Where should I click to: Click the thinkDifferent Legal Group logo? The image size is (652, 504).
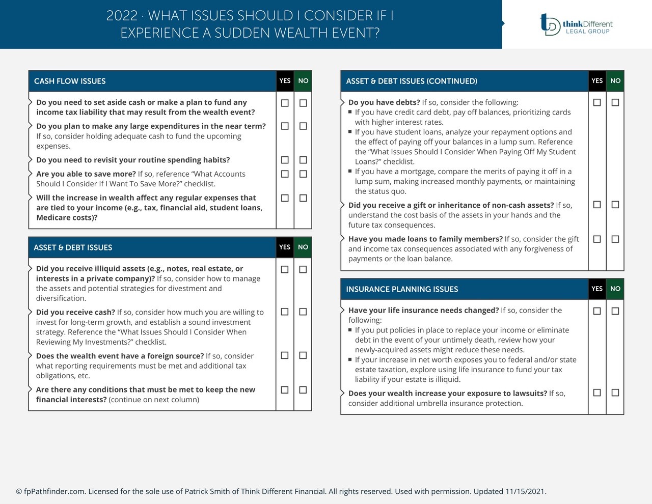tap(576, 24)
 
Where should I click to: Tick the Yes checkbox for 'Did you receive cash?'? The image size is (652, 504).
tap(285, 312)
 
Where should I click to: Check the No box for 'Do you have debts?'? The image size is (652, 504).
tap(615, 102)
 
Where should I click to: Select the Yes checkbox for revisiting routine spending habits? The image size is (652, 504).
tap(285, 160)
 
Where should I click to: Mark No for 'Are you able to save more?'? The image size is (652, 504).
tap(303, 174)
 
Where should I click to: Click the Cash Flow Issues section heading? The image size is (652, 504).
tap(70, 81)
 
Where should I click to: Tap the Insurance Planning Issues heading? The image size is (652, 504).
tap(402, 289)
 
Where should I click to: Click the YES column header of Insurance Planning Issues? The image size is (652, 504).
tap(597, 289)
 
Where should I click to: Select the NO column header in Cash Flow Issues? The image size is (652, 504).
tap(303, 80)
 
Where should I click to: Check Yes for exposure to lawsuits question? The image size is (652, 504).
tap(597, 393)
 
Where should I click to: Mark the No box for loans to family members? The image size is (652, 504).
tap(615, 239)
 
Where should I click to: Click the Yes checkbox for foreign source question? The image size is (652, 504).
tap(285, 355)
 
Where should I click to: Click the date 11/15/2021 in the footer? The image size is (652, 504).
tap(525, 491)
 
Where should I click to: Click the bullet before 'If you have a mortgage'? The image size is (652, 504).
tap(350, 171)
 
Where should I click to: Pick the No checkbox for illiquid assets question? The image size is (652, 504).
tap(303, 269)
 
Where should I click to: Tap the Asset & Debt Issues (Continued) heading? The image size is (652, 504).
tap(412, 81)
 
